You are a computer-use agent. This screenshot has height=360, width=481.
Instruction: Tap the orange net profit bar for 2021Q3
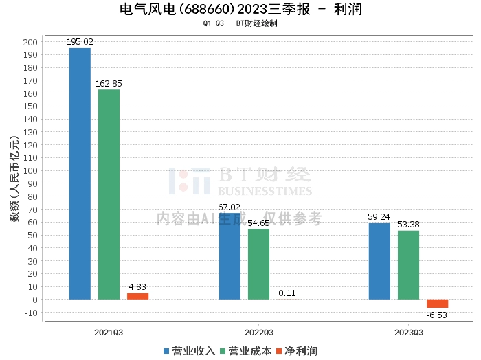[x=137, y=296]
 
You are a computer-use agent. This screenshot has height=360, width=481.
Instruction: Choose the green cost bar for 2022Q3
[x=258, y=264]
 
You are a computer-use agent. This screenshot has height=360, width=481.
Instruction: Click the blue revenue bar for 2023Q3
[x=379, y=261]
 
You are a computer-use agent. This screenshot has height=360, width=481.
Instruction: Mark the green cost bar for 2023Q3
[x=408, y=265]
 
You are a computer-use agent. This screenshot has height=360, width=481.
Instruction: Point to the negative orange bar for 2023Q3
[x=437, y=304]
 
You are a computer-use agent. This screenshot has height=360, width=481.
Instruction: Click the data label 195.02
[x=80, y=42]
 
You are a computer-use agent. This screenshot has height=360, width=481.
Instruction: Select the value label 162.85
[x=109, y=84]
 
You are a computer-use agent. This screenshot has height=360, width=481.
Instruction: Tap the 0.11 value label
[x=287, y=293]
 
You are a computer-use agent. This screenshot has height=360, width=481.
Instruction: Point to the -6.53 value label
[x=437, y=315]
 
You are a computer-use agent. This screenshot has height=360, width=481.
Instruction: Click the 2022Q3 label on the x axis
[x=258, y=332]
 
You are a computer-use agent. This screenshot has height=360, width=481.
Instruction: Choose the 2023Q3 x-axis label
[x=408, y=332]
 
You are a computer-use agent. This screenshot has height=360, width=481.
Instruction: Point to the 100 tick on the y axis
[x=30, y=171]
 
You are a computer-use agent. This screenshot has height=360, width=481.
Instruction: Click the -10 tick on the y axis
[x=31, y=313]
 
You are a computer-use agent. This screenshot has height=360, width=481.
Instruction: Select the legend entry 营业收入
[x=188, y=350]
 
